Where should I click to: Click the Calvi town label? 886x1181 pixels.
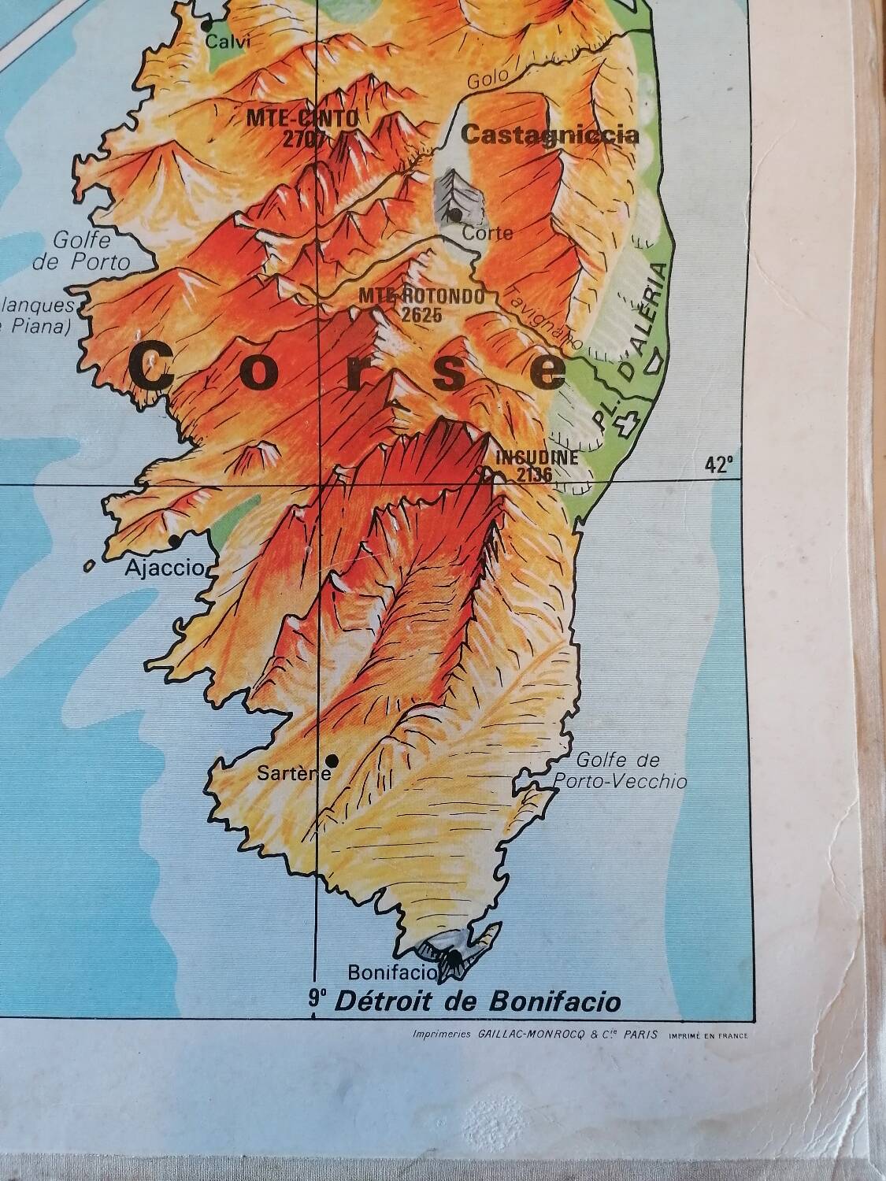pos(228,43)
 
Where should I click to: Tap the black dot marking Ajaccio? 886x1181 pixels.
pos(174,541)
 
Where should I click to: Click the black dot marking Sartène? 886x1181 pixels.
pos(332,760)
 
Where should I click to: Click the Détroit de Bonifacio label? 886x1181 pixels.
pos(477,1001)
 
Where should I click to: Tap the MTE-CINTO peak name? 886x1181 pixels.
pos(302,118)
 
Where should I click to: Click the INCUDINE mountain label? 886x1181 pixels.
pos(537,457)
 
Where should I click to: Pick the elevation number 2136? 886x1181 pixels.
pos(535,474)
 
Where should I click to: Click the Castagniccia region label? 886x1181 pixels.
pos(550,135)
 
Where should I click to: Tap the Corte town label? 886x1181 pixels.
pos(487,233)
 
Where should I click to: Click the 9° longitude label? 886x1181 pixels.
pos(317,1000)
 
